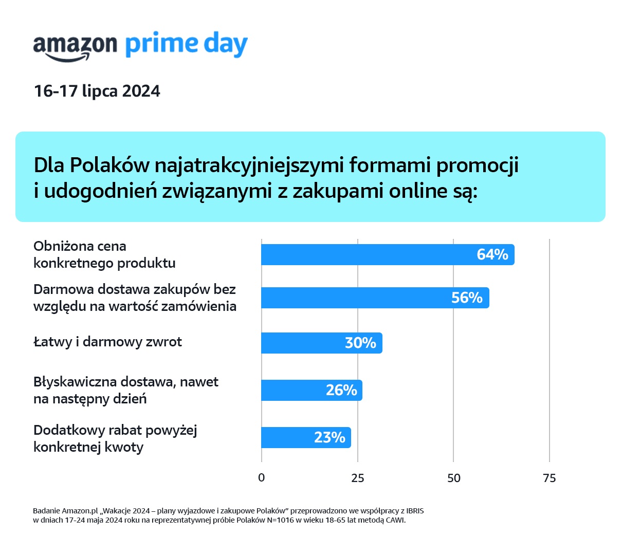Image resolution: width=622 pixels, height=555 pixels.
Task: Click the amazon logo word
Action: [x=75, y=46]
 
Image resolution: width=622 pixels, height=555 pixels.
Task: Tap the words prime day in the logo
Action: [x=187, y=45]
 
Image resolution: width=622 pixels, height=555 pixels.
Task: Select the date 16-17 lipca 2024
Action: [x=97, y=91]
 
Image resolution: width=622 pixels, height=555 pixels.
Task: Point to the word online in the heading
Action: [x=418, y=191]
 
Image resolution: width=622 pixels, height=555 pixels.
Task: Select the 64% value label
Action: [x=492, y=255]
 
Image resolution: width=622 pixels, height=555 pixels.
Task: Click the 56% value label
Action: [x=467, y=298]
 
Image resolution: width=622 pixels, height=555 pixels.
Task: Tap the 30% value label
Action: [x=360, y=343]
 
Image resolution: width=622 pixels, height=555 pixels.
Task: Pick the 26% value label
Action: [x=341, y=391]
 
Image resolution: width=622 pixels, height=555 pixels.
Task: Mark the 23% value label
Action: [x=330, y=438]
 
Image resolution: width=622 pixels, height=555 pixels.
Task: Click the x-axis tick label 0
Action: [x=261, y=478]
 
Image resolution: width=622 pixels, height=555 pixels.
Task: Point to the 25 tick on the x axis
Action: [x=357, y=478]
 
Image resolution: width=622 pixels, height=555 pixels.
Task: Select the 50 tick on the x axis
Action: [x=453, y=478]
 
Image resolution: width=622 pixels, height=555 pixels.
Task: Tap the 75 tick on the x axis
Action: [x=549, y=478]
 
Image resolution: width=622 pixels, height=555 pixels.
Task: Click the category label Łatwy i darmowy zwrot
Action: [x=107, y=342]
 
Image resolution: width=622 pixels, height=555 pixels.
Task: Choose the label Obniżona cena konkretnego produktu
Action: [x=104, y=254]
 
